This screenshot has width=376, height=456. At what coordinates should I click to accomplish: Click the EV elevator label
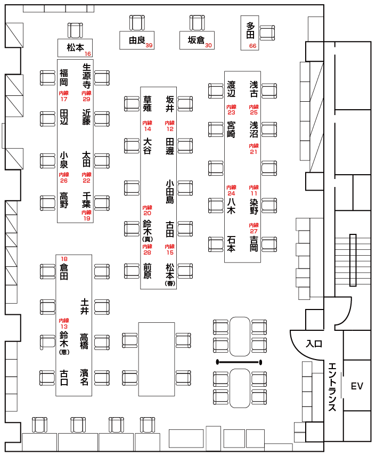point(357,386)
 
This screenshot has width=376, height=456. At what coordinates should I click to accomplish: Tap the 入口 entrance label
point(314,344)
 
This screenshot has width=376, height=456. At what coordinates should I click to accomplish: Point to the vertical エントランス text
point(332,387)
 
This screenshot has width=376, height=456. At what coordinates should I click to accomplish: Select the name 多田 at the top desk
point(251,30)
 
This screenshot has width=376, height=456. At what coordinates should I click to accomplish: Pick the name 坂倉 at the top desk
point(196,40)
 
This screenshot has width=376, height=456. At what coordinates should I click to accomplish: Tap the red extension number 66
point(253,46)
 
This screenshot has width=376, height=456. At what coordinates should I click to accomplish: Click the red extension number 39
point(149,46)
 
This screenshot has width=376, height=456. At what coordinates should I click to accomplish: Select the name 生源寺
point(86,76)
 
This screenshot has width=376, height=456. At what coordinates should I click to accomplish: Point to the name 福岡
point(64,78)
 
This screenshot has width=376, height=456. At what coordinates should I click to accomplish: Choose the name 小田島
point(169,192)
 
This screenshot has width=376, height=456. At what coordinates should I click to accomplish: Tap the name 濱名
point(84,377)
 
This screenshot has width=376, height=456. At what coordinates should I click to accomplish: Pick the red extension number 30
point(209,46)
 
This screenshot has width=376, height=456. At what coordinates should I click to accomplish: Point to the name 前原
point(148,271)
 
